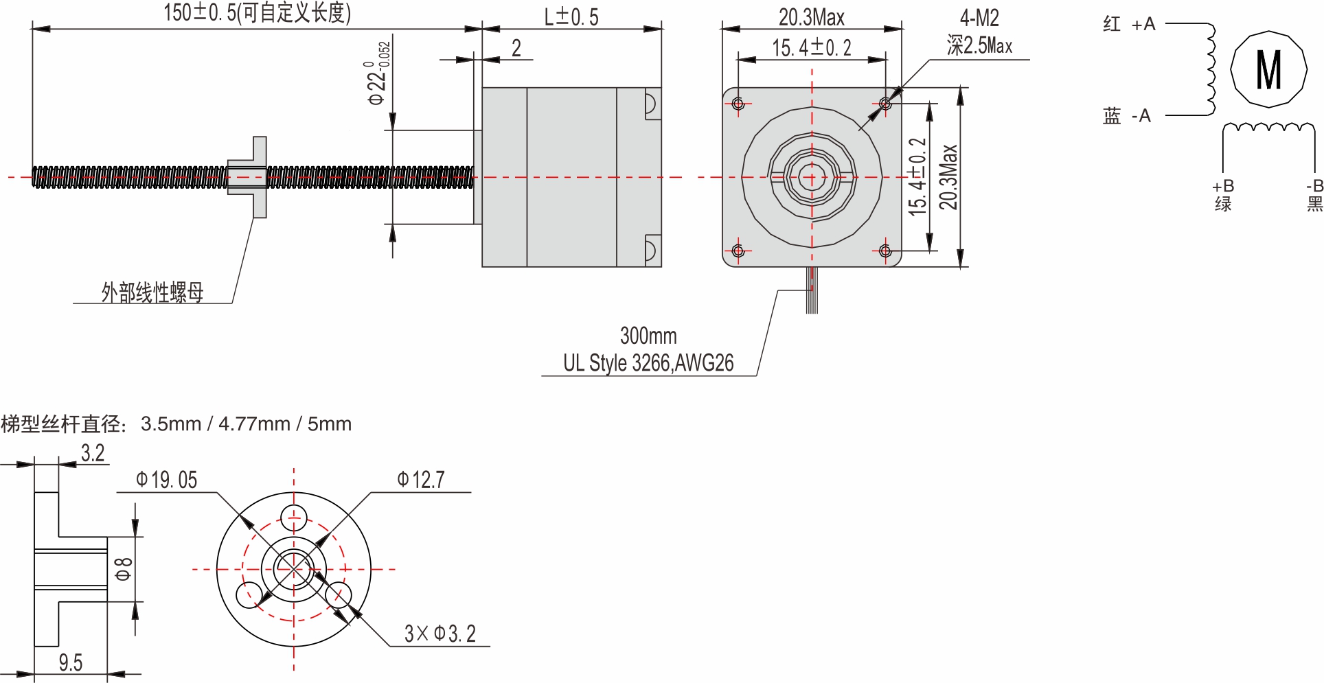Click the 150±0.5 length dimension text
[257, 13]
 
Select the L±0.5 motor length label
[571, 17]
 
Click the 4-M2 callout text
[979, 19]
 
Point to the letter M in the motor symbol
[1268, 70]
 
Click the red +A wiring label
[1129, 25]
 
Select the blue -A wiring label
[1126, 116]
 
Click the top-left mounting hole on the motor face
[738, 104]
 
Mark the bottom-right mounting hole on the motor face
[885, 251]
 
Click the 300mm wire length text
[648, 336]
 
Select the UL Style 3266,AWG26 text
[648, 363]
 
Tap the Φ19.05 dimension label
[167, 480]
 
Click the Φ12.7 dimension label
[421, 480]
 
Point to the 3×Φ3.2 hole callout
[440, 634]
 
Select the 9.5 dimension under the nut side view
[70, 663]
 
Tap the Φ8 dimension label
[124, 569]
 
